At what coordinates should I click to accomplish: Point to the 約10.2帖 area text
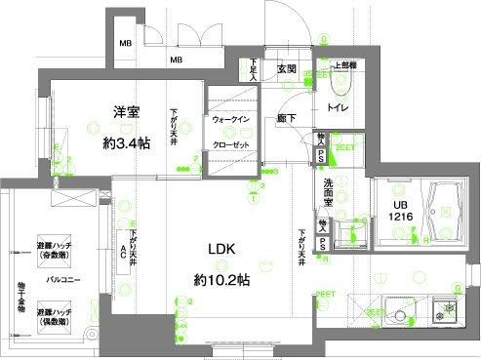[222, 280]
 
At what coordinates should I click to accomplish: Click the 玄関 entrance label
[286, 70]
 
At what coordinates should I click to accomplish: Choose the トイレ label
[341, 108]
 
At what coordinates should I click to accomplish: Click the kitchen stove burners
[446, 313]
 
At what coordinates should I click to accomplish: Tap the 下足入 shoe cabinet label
[254, 69]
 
